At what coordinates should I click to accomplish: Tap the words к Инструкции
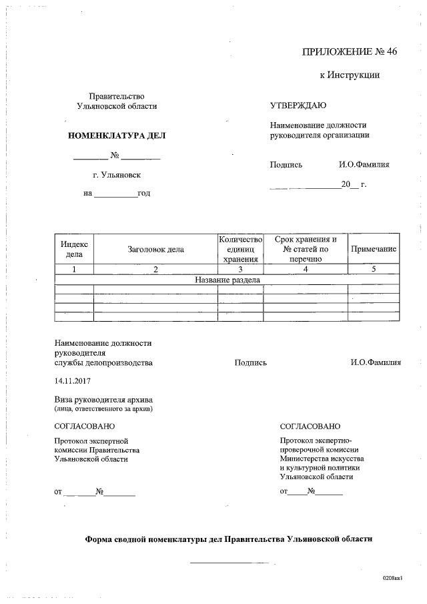pos(350,75)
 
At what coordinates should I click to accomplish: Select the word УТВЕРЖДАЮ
pos(298,106)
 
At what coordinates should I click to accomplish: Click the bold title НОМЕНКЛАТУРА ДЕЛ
pos(117,136)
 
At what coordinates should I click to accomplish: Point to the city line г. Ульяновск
pos(117,175)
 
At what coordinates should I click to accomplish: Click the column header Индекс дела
pos(74,249)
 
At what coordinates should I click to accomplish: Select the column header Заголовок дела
pos(155,249)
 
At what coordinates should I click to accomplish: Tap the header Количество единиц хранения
pos(241,249)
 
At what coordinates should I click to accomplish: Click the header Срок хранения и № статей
pos(306,249)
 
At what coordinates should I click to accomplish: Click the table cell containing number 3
pos(241,269)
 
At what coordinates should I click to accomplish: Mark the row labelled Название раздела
pos(228,280)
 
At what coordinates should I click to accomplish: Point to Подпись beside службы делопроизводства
pos(250,363)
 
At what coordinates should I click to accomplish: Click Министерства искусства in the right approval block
pos(322,459)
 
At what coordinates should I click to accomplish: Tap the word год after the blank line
pos(143,194)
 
